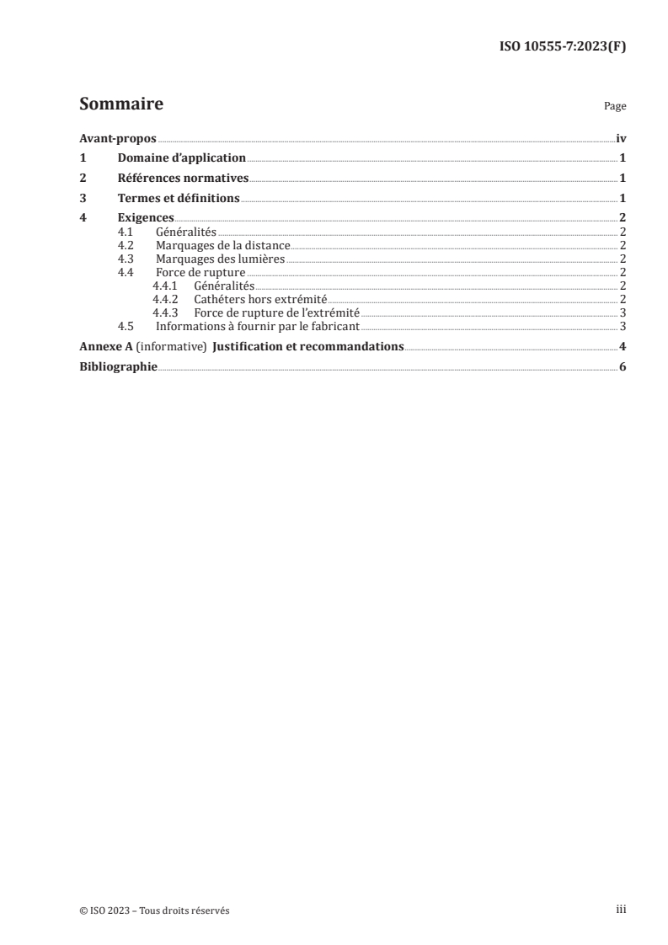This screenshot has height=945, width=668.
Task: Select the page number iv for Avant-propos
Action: (x=621, y=139)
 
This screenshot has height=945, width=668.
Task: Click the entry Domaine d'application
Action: (x=181, y=157)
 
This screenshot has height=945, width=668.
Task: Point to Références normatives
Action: (x=183, y=178)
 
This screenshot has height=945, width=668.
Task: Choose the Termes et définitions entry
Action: (x=179, y=199)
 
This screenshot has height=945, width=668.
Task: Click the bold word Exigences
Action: (x=146, y=218)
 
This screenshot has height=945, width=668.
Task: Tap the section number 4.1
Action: (x=126, y=231)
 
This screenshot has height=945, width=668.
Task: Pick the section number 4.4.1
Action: (x=165, y=286)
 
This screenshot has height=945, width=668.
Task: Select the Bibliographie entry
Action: (x=118, y=367)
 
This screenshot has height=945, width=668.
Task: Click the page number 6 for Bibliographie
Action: (x=622, y=367)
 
